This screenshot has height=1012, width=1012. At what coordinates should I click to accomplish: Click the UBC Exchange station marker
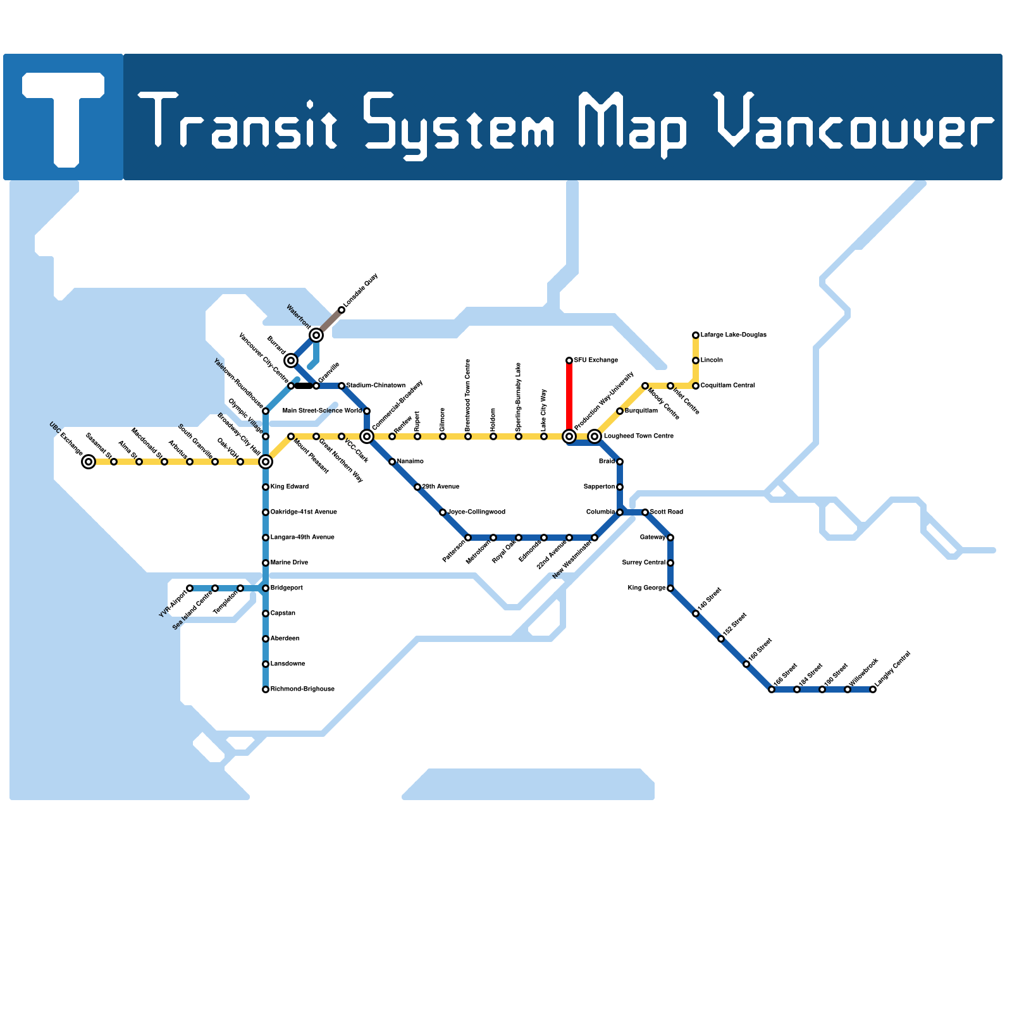point(89,462)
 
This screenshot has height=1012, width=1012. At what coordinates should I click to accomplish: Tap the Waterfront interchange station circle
point(316,335)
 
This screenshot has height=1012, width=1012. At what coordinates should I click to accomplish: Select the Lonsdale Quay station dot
point(342,310)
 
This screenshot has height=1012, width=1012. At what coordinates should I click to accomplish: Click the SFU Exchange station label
point(596,361)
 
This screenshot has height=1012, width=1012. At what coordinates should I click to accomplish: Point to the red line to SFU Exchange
point(569,398)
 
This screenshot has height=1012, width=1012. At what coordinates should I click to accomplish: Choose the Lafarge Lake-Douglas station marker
point(696,335)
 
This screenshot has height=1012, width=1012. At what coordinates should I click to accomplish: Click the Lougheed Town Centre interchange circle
point(595,436)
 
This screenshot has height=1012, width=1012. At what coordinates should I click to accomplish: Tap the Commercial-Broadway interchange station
point(367,436)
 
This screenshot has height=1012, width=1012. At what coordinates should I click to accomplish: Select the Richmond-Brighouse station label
point(302,689)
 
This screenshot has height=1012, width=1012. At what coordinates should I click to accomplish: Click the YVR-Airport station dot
point(190,588)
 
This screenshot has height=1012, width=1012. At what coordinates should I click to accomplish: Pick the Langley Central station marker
point(873,689)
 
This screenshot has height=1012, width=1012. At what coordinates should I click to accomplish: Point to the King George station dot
point(670,588)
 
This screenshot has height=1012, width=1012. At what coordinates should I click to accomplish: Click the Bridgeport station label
point(287,588)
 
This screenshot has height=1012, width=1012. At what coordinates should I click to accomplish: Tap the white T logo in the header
point(63,117)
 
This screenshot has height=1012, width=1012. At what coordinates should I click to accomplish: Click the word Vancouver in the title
point(854,123)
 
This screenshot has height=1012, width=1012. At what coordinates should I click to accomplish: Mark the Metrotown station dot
point(493,538)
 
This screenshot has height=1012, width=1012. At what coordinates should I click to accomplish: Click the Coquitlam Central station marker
point(696,386)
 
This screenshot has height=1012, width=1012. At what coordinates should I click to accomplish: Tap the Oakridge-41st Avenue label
point(304,512)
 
